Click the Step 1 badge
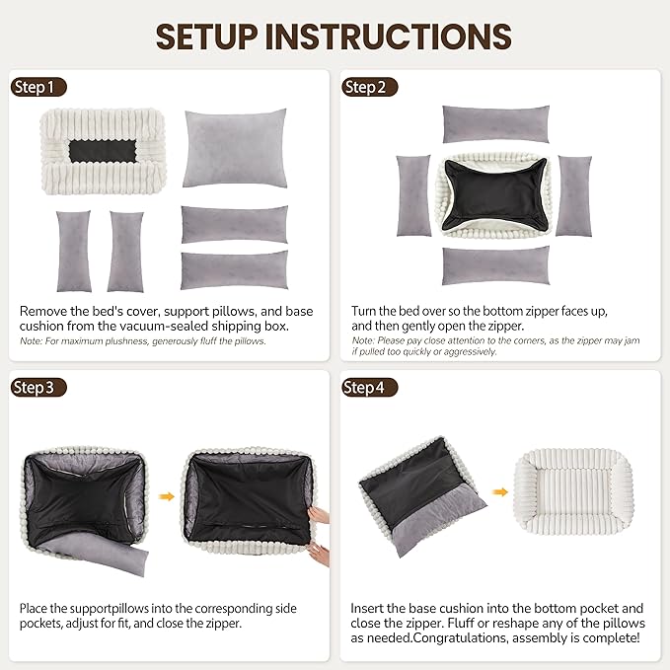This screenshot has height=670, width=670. [x=38, y=87]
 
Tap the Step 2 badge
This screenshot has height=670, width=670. [x=370, y=87]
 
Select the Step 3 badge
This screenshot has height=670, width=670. [x=38, y=388]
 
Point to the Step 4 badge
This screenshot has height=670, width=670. [x=370, y=388]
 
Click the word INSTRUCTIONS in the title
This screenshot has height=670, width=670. [x=389, y=37]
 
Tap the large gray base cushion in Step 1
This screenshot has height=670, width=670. [x=235, y=148]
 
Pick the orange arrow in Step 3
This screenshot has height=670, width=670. [x=167, y=496]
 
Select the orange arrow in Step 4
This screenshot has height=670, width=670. [x=499, y=491]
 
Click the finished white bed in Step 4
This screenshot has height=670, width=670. [x=573, y=491]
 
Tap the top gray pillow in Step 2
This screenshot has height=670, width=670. [x=495, y=124]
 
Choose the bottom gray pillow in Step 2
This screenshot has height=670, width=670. [x=495, y=265]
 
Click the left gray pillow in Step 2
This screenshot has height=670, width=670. [x=413, y=195]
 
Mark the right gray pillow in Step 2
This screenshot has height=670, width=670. [x=574, y=195]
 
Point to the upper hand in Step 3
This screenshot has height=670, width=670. [x=319, y=514]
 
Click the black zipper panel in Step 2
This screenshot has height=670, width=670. [x=494, y=194]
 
